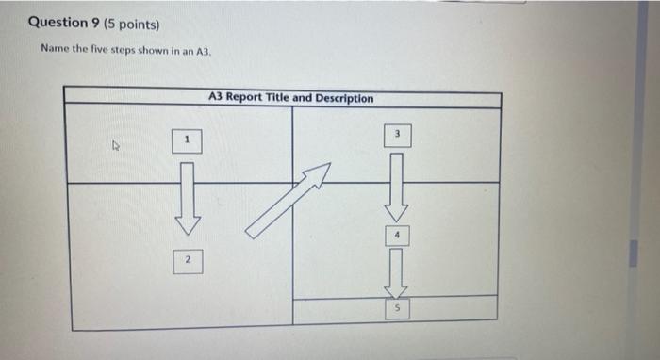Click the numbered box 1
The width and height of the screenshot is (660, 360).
pyautogui.click(x=187, y=140)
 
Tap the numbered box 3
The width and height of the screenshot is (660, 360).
pyautogui.click(x=399, y=136)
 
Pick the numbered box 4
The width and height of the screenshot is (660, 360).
pyautogui.click(x=398, y=235)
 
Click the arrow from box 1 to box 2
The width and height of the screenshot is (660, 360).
pyautogui.click(x=187, y=198)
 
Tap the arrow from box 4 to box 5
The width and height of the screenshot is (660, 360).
pyautogui.click(x=398, y=271)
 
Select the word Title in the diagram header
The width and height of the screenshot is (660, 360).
pyautogui.click(x=281, y=98)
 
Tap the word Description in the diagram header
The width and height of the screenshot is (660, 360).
pyautogui.click(x=344, y=98)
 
